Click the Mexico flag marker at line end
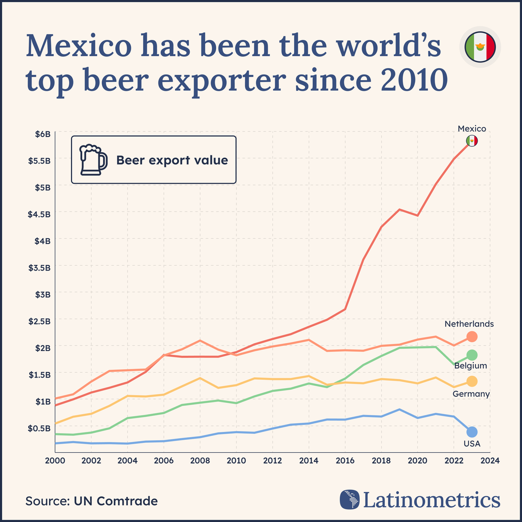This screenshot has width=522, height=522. tap(472, 141)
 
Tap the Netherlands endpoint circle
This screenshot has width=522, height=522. tap(472, 336)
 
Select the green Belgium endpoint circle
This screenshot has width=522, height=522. tap(472, 355)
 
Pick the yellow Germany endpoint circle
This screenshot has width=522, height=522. tap(472, 381)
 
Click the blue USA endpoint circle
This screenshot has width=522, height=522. tap(472, 432)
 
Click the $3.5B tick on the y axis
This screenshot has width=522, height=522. tap(40, 267)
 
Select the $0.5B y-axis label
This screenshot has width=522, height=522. tap(40, 428)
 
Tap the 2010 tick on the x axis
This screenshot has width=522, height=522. tap(236, 460)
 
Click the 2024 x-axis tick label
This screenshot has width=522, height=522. tap(490, 460)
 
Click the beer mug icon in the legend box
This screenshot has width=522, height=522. tap(93, 160)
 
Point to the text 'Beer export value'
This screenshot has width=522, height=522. tap(172, 160)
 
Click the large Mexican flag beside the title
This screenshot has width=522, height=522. tap(480, 47)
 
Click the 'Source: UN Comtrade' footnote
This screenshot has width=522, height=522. tap(91, 501)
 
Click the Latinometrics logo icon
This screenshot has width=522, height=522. tap(349, 499)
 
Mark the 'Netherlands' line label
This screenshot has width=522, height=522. tap(469, 324)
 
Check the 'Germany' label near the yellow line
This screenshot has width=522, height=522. tap(471, 394)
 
